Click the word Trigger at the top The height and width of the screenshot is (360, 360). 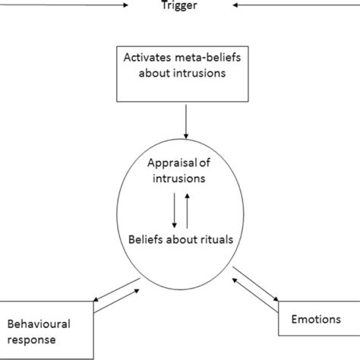pos(179,6)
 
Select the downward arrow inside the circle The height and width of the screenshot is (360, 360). pos(175,209)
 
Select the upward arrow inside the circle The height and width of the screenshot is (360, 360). pos(187,209)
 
